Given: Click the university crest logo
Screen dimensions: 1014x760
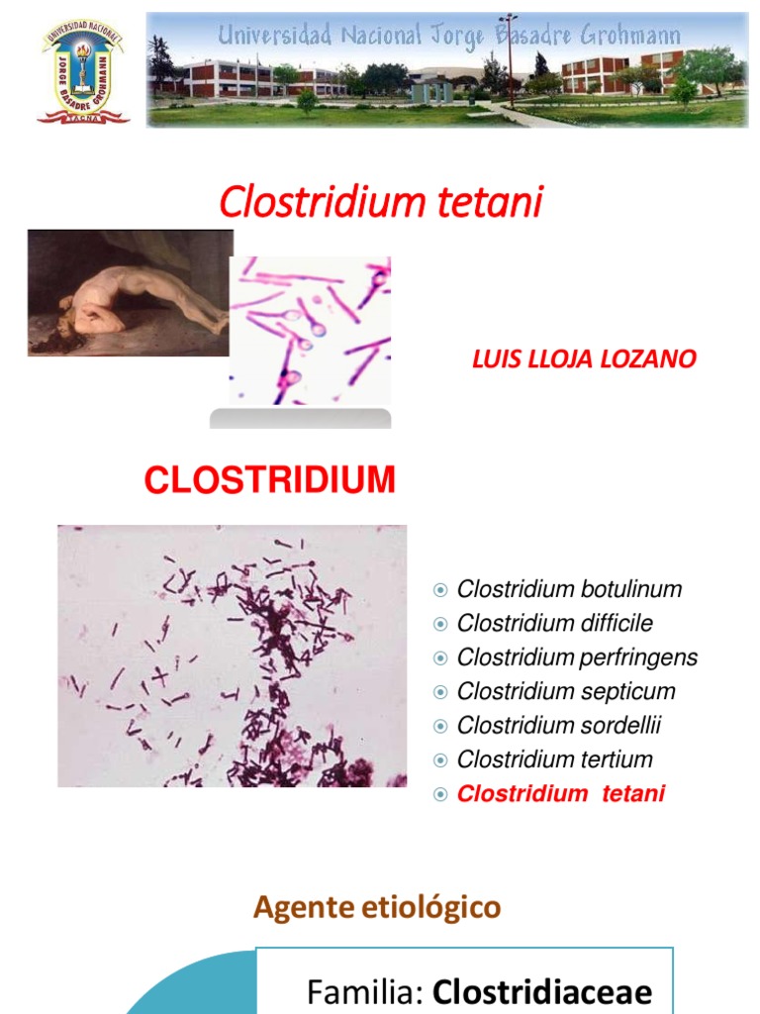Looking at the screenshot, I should (x=83, y=72).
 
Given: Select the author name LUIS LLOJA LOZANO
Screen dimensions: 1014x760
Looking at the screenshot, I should (x=584, y=358).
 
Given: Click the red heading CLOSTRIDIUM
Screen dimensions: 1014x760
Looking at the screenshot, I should (x=269, y=481).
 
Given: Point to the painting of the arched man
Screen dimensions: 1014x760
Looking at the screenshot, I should (x=129, y=293).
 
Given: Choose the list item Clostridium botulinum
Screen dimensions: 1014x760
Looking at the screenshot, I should (x=569, y=590).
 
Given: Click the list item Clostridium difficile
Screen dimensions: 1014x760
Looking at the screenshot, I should (x=554, y=624).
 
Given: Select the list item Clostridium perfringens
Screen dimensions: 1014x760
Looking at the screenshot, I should (x=577, y=658).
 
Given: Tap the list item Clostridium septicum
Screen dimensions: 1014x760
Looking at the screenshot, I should (x=566, y=691).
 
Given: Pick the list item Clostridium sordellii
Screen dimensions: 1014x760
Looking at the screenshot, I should (x=558, y=726).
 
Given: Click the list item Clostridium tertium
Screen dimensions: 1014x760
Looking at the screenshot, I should (x=554, y=760).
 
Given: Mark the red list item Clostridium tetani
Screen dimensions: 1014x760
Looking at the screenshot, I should (x=561, y=794).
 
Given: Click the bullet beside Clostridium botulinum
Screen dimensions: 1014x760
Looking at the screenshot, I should (x=441, y=591).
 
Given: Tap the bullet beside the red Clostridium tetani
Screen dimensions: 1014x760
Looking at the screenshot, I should (x=441, y=794).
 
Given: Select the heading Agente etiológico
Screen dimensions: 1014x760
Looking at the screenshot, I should (x=377, y=907).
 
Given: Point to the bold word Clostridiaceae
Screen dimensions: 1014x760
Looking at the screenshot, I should (x=543, y=991).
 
